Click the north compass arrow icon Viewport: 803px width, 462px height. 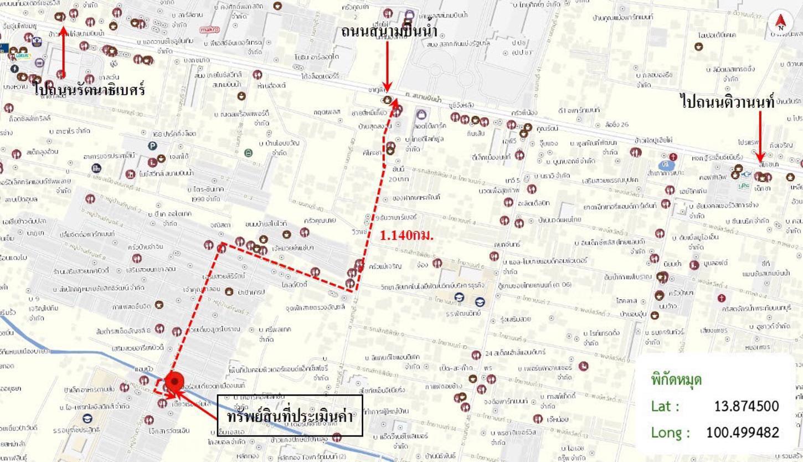click(x=781, y=23)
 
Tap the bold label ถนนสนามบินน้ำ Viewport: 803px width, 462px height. click(x=389, y=30)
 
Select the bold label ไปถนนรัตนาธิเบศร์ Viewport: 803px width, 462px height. click(x=89, y=88)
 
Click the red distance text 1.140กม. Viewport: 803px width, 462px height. click(x=406, y=235)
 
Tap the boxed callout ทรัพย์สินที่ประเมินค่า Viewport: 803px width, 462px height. click(x=290, y=415)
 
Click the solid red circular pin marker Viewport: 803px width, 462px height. click(x=175, y=381)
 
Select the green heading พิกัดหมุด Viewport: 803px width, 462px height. click(x=676, y=379)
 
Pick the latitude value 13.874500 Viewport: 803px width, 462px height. click(x=746, y=406)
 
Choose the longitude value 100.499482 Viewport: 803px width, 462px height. click(x=742, y=432)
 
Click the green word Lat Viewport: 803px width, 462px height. click(x=665, y=406)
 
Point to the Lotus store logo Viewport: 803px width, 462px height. click(x=23, y=55)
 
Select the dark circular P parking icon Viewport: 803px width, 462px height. click(x=152, y=146)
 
